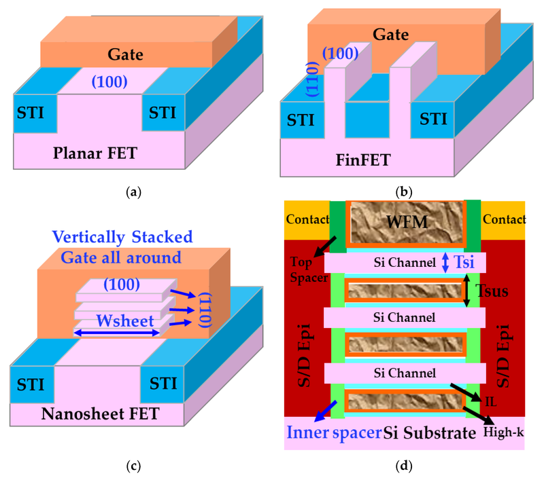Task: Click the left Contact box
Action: pyautogui.click(x=306, y=219)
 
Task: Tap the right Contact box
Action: pyautogui.click(x=503, y=219)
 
